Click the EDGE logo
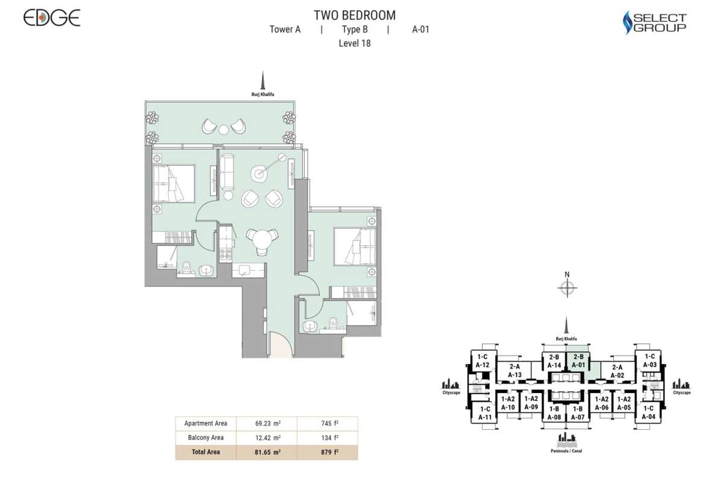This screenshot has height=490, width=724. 52,17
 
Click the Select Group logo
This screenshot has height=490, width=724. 655,22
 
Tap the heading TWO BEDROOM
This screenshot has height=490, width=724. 355,16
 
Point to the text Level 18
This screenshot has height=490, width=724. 355,43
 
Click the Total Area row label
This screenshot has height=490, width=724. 206,452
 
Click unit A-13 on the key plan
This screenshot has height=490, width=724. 515,371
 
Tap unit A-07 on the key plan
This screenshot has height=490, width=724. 578,413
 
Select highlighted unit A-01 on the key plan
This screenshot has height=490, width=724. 579,360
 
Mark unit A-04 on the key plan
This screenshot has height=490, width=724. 649,412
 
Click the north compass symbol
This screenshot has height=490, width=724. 567,287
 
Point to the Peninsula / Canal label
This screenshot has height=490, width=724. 567,451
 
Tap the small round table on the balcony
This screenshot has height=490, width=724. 223,130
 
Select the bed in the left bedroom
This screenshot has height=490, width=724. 174,184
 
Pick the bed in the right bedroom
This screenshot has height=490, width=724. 355,247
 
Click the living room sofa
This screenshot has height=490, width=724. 227,172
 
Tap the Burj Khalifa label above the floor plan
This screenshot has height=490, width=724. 263,95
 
